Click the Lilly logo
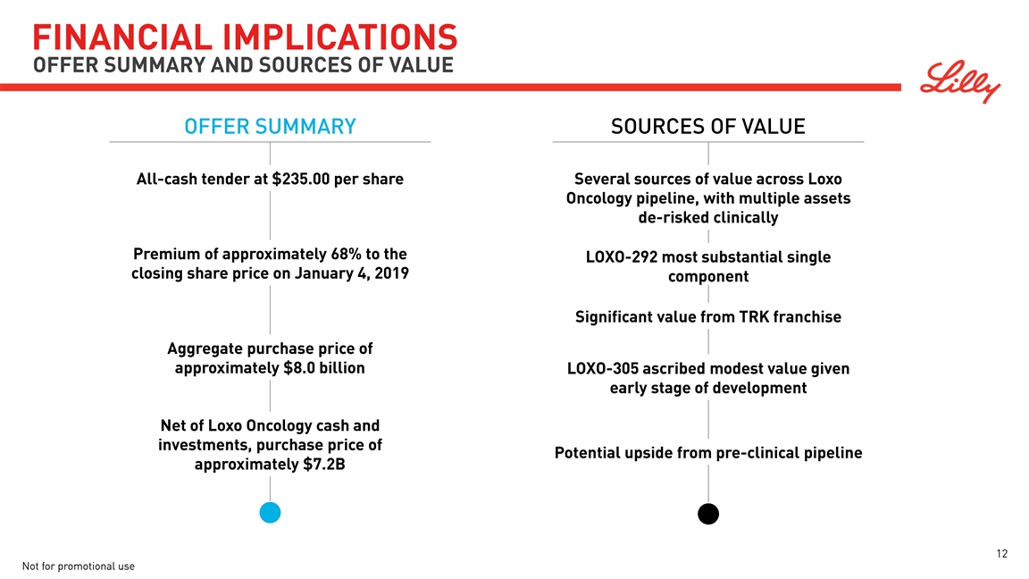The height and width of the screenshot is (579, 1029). tap(961, 81)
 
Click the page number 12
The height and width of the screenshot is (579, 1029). tap(1002, 554)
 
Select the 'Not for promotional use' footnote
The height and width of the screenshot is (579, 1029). tap(77, 566)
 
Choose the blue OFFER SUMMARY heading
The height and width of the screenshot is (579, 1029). tap(270, 127)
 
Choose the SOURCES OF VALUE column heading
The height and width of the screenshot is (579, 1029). tap(708, 127)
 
